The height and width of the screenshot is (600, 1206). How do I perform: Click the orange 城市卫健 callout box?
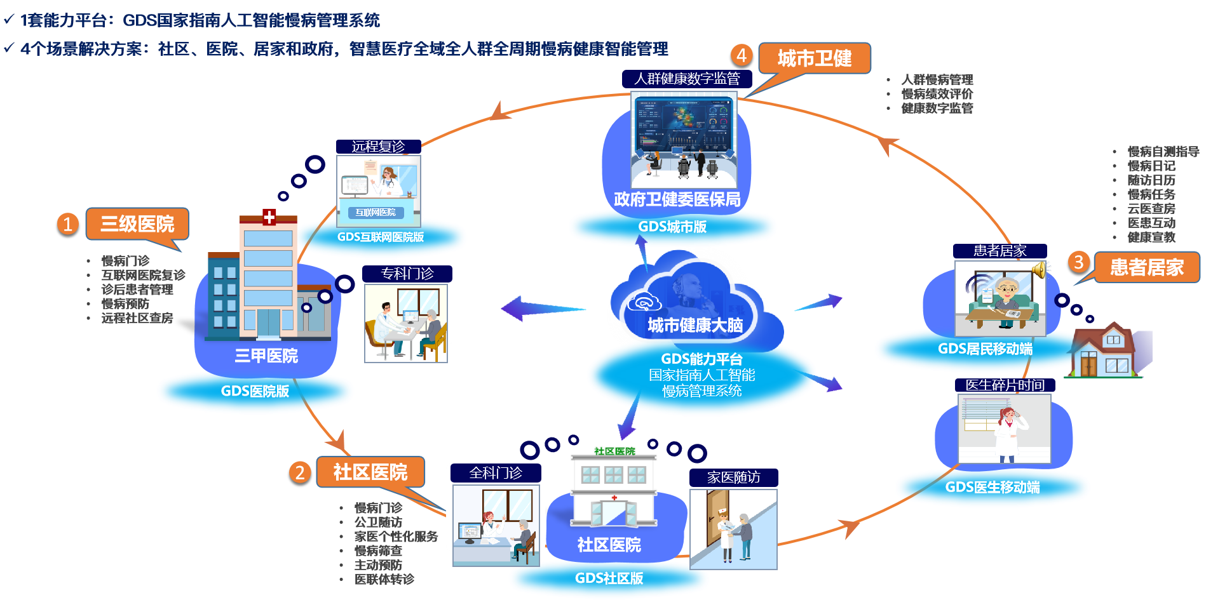814,58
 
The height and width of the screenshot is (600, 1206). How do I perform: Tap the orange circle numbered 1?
68,224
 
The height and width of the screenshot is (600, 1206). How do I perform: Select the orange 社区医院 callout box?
370,472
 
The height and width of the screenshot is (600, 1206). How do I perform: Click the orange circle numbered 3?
1078,262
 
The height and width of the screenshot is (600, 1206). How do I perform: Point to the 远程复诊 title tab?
378,147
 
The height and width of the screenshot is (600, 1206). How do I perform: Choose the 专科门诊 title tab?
407,274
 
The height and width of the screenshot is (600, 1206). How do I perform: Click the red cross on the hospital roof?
269,217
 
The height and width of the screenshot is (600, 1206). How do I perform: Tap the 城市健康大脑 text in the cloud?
695,325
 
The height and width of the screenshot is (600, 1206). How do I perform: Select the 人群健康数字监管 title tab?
687,79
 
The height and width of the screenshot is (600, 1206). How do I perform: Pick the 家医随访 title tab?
733,477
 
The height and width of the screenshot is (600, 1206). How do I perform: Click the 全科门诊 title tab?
496,473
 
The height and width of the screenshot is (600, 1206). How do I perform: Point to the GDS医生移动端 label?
993,487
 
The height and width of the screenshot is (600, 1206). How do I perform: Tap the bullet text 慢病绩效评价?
937,94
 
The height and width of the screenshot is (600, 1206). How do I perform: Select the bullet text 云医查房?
1151,208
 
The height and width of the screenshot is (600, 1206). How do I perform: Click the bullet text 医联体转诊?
384,579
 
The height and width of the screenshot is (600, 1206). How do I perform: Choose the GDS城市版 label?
672,227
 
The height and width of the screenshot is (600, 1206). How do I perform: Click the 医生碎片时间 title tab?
1005,385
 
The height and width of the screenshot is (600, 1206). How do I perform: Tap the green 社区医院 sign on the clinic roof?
614,451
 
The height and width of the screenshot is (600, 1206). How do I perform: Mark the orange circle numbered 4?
742,55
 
